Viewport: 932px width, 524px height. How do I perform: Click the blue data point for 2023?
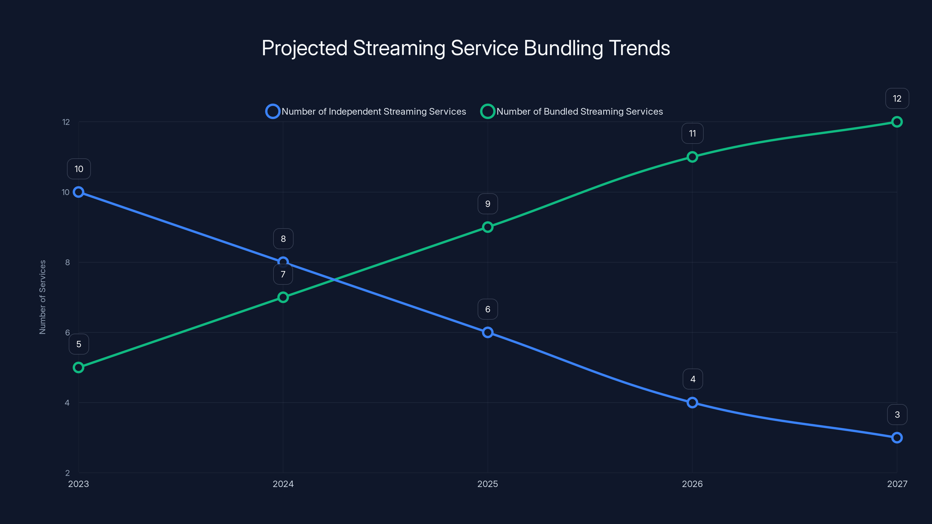point(79,192)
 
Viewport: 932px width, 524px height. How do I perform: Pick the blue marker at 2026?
point(692,403)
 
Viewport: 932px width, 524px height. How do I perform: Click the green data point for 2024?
point(283,297)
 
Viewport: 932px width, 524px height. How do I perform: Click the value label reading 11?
point(692,133)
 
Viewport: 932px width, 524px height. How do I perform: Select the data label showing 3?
point(897,415)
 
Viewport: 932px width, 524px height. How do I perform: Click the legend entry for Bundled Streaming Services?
point(572,111)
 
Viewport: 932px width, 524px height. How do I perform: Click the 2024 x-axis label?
point(283,484)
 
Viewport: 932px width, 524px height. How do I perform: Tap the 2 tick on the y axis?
point(67,473)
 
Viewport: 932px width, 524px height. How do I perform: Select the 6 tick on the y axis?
point(67,332)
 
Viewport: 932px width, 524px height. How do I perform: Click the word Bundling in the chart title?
point(563,48)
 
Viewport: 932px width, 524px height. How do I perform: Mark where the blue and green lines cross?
point(334,279)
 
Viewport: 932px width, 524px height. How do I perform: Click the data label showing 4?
point(693,379)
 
